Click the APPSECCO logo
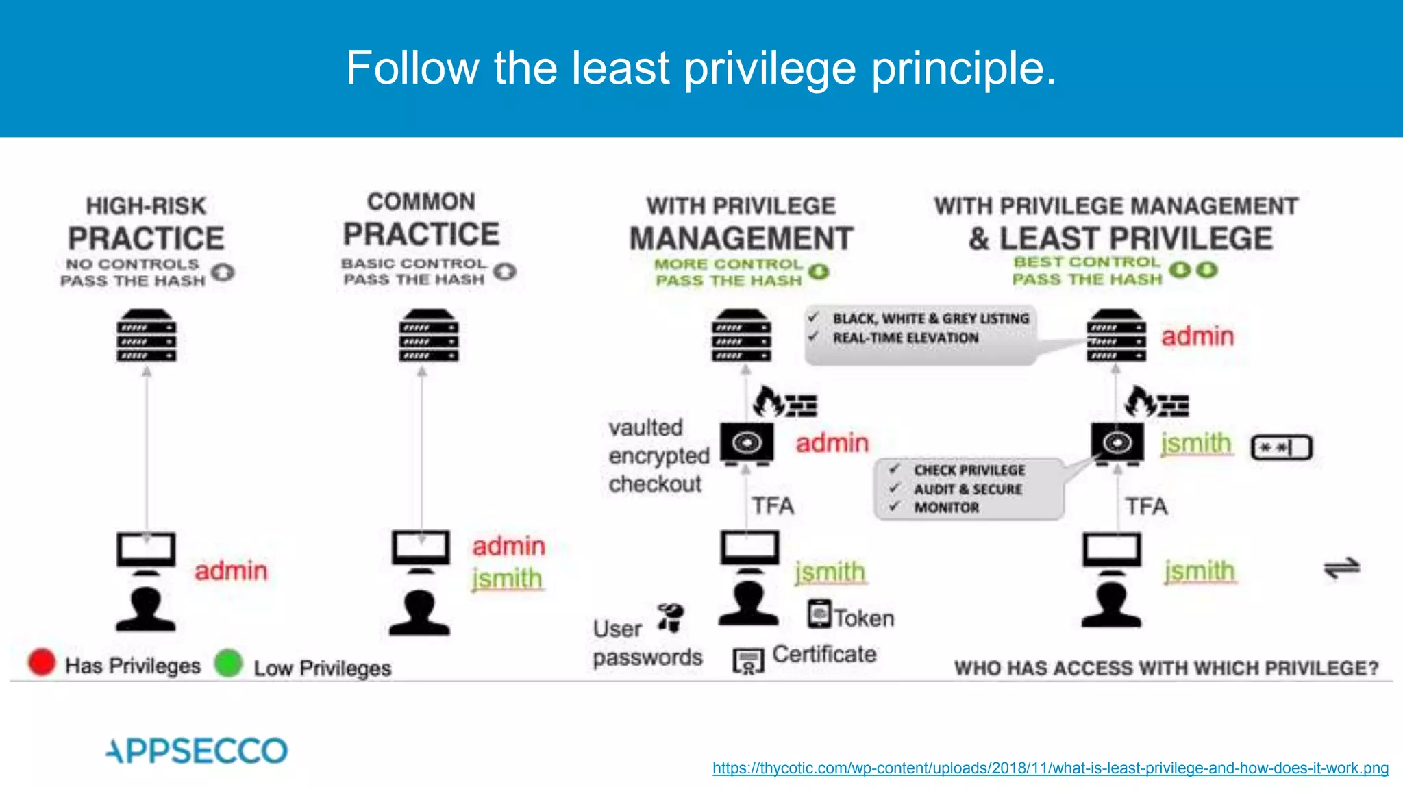coord(197,751)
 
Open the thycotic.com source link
coord(1050,768)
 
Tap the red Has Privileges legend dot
coord(42,662)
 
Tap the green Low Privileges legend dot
coord(228,663)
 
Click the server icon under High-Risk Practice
coord(146,336)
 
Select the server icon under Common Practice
coord(429,336)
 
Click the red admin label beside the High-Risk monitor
coord(231,571)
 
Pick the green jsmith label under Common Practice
coord(507,579)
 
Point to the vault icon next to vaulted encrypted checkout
coord(747,443)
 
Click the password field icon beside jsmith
coord(1281,448)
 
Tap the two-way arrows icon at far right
coord(1341,568)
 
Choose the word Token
coord(864,618)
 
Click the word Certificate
coord(824,654)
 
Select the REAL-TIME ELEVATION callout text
coord(906,338)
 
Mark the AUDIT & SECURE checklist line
coord(967,489)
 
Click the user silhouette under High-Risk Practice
coord(145,609)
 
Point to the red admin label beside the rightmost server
coord(1197,336)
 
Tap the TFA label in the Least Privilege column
coord(1146,506)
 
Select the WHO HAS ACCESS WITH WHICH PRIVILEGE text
coord(1166,668)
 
